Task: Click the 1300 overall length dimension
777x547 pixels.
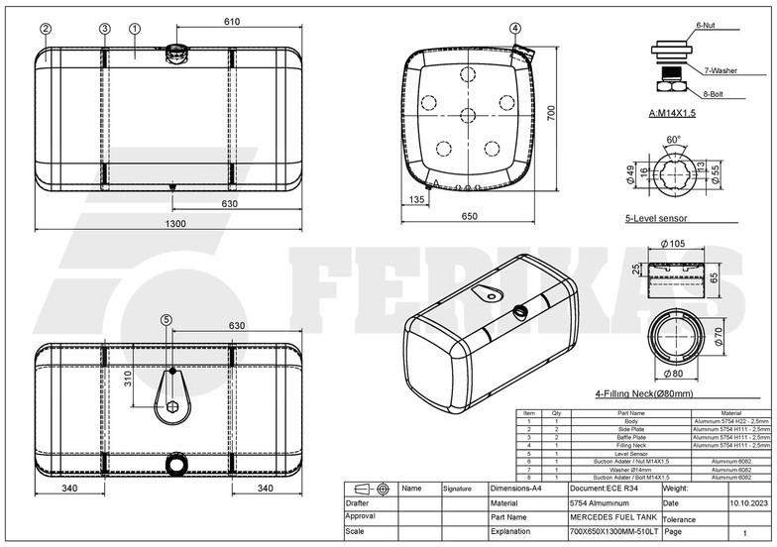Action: (174, 224)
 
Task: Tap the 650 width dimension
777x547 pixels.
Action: (469, 216)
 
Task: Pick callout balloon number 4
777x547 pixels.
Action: (515, 29)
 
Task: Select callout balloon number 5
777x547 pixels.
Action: (166, 320)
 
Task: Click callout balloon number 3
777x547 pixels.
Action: (104, 29)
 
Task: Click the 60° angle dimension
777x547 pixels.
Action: (674, 140)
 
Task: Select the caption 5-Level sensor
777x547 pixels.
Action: (655, 218)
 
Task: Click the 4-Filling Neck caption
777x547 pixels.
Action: (644, 393)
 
